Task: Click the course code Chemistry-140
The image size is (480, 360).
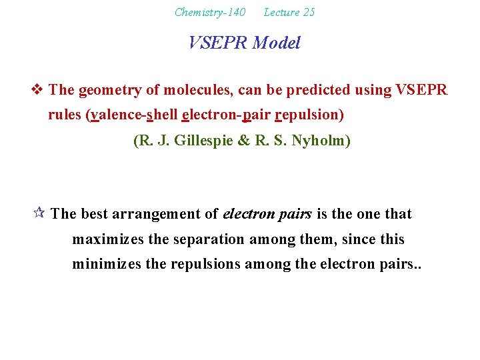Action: click(x=209, y=12)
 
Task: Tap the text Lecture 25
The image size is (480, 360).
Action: click(x=289, y=12)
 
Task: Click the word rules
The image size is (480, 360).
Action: click(x=65, y=115)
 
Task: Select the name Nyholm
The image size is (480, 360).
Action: click(x=323, y=141)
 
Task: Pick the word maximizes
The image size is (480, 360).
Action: click(x=103, y=239)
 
